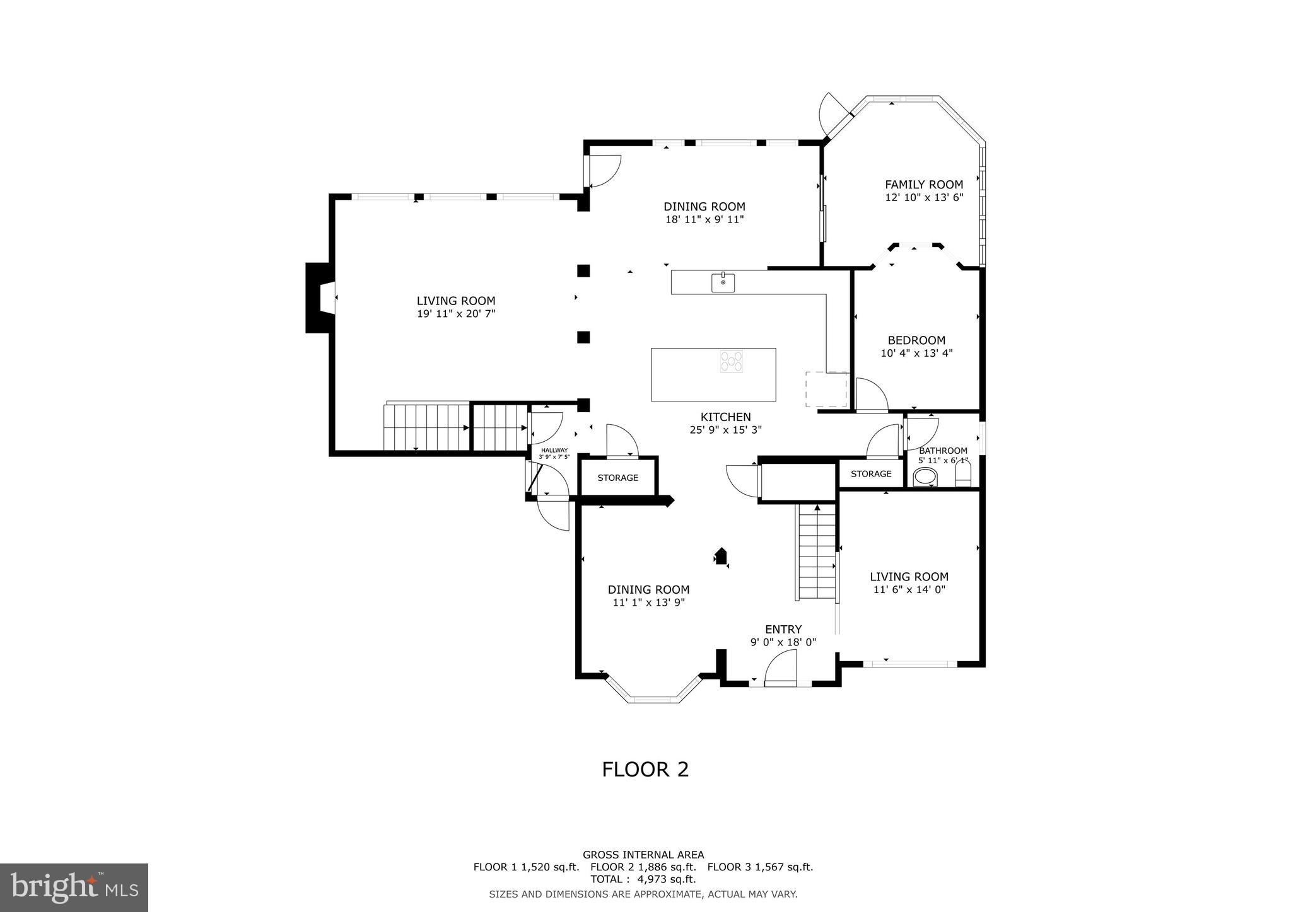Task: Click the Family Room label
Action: click(923, 185)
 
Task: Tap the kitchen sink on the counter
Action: click(723, 283)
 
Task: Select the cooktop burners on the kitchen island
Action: click(731, 362)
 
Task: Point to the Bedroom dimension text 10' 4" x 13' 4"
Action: click(916, 354)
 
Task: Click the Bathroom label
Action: click(942, 451)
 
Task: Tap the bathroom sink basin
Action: click(925, 478)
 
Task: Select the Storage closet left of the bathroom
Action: click(871, 474)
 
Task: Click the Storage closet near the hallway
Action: click(617, 478)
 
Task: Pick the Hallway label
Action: click(554, 450)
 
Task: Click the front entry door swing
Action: click(781, 669)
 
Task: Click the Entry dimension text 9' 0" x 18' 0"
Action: click(783, 642)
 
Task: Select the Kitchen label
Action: click(725, 417)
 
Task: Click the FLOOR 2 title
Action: click(645, 770)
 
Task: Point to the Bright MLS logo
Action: click(74, 887)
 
